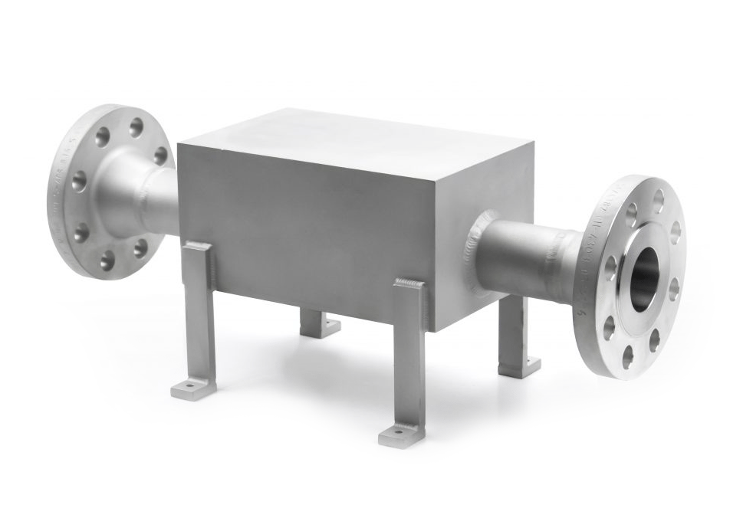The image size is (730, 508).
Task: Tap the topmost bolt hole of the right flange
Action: click(x=658, y=201)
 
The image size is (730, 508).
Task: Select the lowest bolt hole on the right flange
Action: click(x=628, y=356)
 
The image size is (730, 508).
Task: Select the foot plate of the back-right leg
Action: click(x=520, y=367)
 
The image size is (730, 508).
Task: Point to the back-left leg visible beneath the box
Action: click(x=316, y=322)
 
